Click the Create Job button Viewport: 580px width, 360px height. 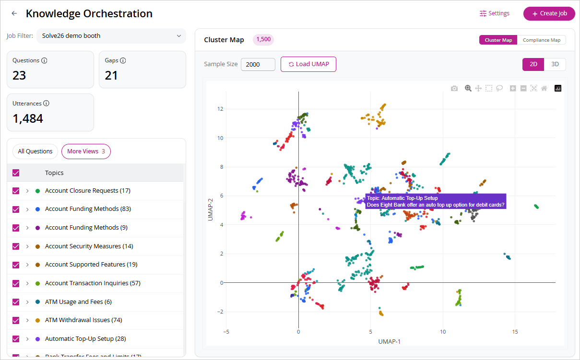coord(549,13)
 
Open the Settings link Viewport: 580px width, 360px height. coord(494,13)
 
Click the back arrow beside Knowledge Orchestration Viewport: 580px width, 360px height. coord(14,13)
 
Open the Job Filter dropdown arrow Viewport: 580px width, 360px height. coord(178,36)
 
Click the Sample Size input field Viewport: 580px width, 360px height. coord(258,64)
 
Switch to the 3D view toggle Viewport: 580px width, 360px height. coord(555,64)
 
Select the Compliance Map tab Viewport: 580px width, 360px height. coord(542,40)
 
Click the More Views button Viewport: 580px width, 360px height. coord(86,151)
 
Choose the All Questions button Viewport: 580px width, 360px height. coord(35,151)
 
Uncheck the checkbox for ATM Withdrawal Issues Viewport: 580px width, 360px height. coord(16,320)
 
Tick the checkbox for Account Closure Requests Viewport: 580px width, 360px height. coord(16,191)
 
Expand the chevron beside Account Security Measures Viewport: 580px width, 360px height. coord(27,246)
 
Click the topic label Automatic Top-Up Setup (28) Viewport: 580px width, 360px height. coord(85,339)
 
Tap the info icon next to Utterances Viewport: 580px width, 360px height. coord(46,103)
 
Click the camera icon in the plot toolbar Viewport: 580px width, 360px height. coord(454,89)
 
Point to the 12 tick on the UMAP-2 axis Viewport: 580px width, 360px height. coord(220,109)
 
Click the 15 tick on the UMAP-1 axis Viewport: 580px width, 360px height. coord(515,332)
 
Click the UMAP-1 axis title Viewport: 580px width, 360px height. coord(389,342)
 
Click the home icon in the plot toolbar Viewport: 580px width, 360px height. coord(544,89)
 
